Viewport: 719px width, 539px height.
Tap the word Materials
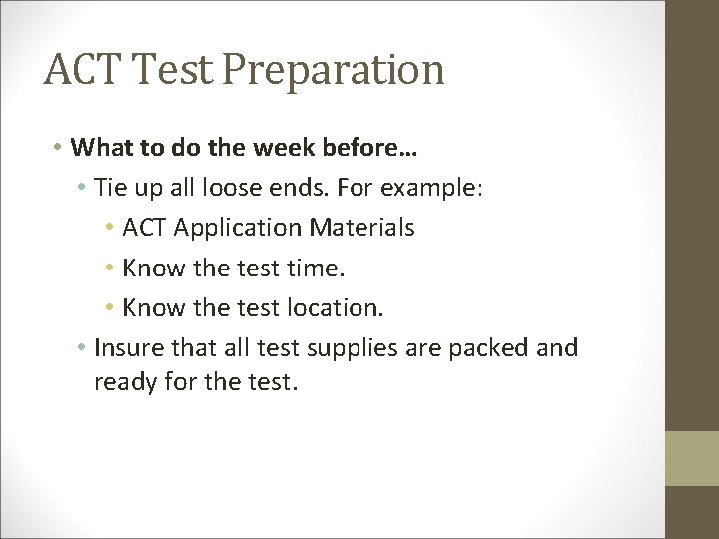[364, 228]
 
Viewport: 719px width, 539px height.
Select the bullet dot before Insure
[81, 347]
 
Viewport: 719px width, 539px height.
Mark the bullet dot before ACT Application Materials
[109, 228]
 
